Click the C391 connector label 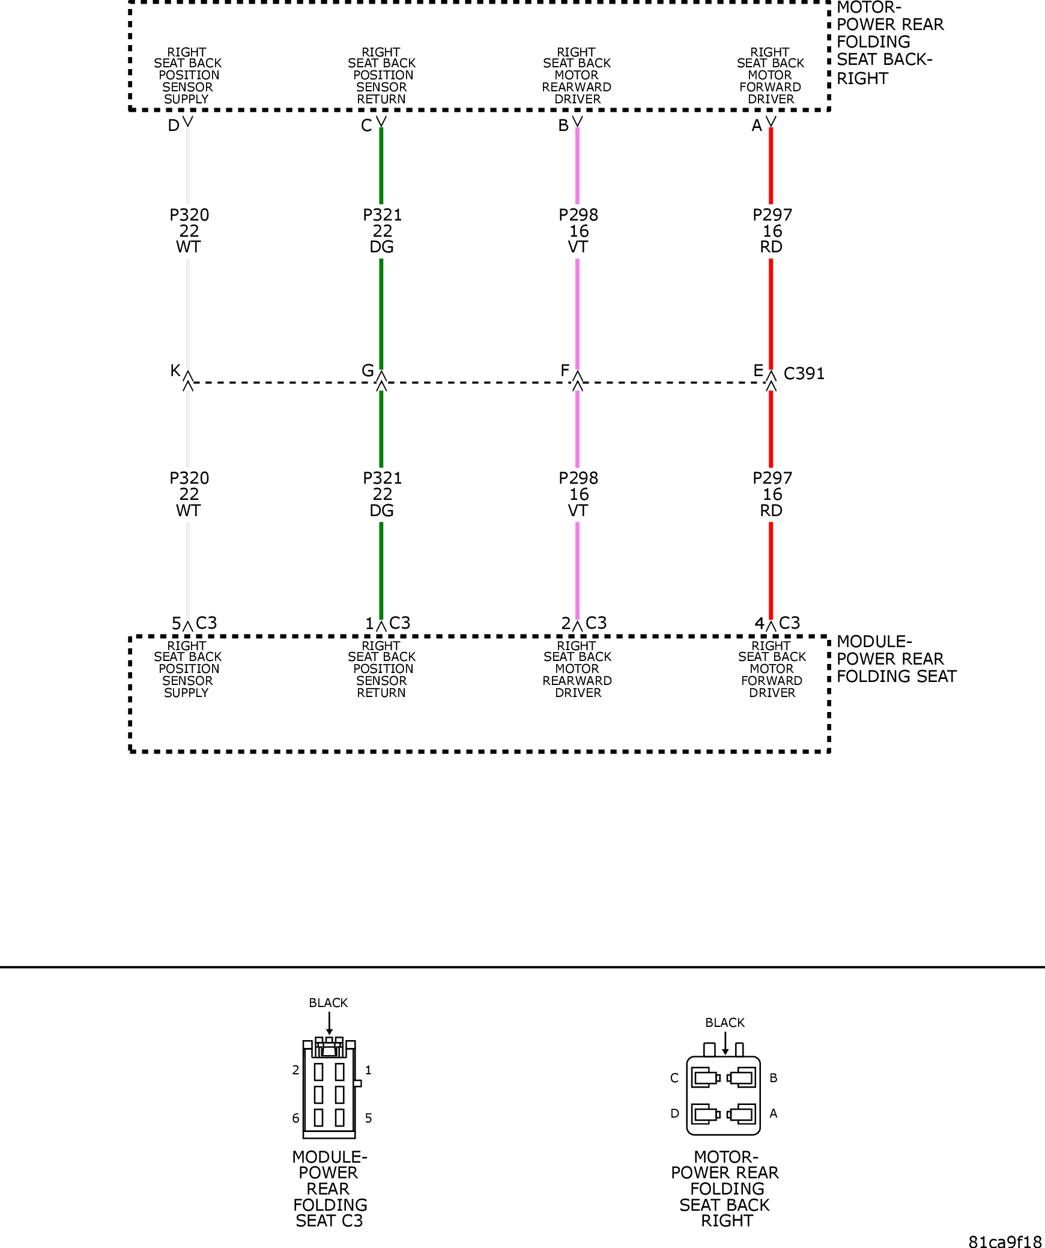point(804,374)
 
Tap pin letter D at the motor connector point(174,126)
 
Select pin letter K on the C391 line point(175,371)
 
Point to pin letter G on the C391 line point(368,371)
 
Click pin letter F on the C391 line point(565,371)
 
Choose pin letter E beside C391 point(759,371)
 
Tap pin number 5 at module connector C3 point(176,624)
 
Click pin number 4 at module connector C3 point(759,624)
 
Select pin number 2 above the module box point(566,624)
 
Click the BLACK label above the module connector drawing point(328,1003)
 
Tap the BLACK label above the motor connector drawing point(725,1023)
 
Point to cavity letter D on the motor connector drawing point(674,1113)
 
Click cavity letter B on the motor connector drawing point(774,1078)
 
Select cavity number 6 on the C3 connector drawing point(295,1118)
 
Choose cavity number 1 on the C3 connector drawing point(368,1070)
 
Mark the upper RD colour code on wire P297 point(771,247)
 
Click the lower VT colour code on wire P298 point(578,511)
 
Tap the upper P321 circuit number point(382,215)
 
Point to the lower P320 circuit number point(189,478)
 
